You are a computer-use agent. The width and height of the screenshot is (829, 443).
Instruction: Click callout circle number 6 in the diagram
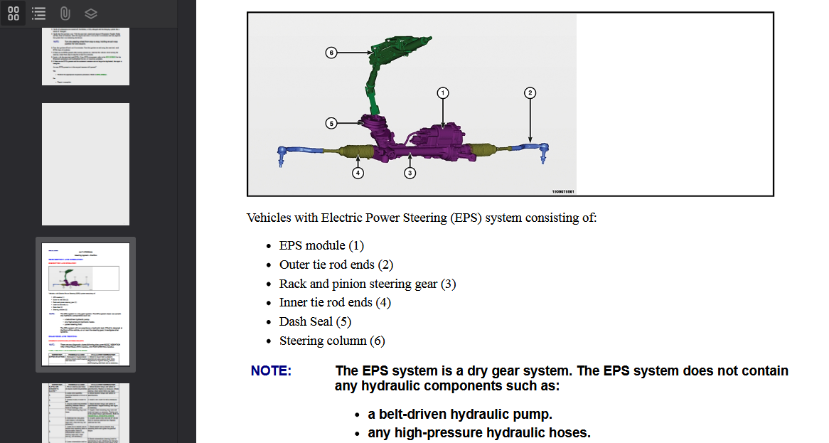coord(331,53)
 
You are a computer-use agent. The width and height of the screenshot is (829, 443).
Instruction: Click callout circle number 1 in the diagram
coord(442,92)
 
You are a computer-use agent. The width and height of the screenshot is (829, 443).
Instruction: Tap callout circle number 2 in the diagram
coord(530,92)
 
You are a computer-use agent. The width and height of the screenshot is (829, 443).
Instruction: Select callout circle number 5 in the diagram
coord(331,123)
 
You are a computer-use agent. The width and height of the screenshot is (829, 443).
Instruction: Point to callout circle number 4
coord(358,172)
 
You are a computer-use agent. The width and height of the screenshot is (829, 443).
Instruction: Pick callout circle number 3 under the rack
coord(410,172)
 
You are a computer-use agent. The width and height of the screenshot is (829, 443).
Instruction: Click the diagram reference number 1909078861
coord(562,191)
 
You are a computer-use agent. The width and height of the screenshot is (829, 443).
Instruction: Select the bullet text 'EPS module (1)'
coord(321,245)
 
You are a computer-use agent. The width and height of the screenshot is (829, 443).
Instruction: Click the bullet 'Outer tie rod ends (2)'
coord(336,265)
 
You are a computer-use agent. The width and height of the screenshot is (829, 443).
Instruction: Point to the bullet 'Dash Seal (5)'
coord(315,321)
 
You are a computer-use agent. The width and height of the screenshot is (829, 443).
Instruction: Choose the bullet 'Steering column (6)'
coord(332,341)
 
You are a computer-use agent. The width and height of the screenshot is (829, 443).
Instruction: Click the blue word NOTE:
coord(271,371)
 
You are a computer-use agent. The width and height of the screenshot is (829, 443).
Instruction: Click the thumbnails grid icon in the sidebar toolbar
coord(14,13)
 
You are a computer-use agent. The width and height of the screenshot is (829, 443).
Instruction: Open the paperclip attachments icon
coord(65,13)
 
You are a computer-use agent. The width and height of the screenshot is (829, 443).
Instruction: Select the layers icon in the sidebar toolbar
coord(90,13)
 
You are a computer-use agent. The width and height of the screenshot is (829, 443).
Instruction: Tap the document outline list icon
coord(39,13)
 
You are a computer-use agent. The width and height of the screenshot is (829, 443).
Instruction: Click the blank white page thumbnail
coord(85,164)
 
